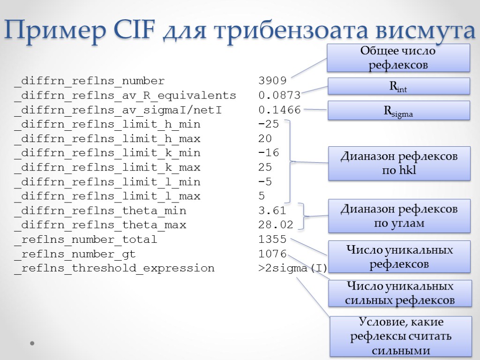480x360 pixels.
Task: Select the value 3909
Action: [272, 81]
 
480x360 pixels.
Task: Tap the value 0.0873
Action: [279, 96]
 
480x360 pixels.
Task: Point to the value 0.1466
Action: [279, 110]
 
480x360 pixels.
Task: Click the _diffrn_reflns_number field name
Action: [90, 81]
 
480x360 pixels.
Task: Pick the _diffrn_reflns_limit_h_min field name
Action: [107, 125]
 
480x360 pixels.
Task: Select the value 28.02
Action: [276, 225]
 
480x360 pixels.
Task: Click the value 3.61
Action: [272, 210]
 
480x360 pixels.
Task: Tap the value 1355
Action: [272, 240]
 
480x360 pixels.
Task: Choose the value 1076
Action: [272, 254]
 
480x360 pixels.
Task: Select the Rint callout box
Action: [398, 86]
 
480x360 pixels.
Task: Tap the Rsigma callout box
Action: [398, 111]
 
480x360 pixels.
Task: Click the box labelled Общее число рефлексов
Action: [398, 58]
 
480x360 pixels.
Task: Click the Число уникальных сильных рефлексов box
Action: [400, 293]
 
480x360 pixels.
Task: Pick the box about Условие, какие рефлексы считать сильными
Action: [400, 336]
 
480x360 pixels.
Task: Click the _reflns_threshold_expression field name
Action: [114, 269]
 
